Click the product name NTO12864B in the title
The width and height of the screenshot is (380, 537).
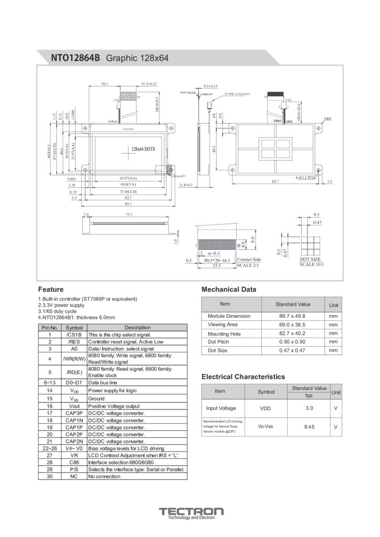point(75,58)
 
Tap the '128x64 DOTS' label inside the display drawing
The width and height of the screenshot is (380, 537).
point(143,149)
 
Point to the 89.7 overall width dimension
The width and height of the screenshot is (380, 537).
point(128,203)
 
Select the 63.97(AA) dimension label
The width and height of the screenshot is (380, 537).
point(129,178)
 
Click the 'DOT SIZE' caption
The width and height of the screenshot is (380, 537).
point(310,260)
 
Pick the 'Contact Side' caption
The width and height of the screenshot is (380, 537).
point(249,260)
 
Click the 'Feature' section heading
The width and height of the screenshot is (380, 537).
point(51,289)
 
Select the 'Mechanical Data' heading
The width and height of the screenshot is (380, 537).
point(229,289)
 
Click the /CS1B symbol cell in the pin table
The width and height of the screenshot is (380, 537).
point(74,334)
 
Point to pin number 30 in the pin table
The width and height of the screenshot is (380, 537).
point(49,477)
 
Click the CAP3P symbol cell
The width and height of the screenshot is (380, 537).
point(74,413)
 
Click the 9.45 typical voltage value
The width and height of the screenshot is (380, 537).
point(309,427)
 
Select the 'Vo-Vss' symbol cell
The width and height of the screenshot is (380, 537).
point(266,426)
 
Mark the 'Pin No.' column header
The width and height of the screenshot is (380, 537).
point(49,327)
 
